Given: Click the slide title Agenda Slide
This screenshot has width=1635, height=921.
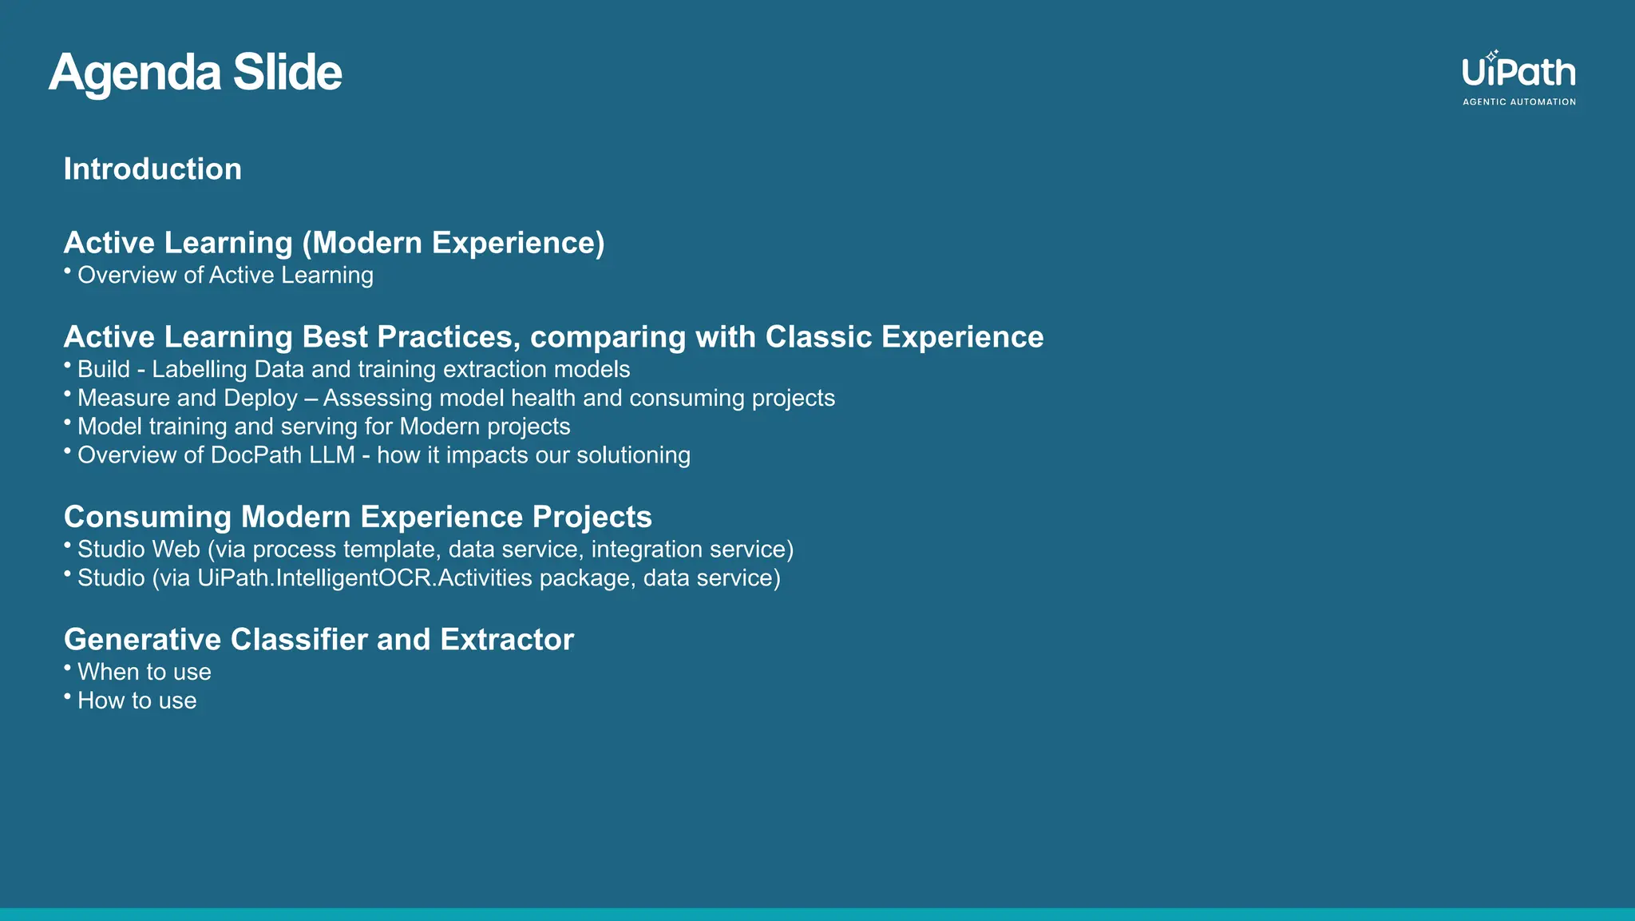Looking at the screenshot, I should [195, 73].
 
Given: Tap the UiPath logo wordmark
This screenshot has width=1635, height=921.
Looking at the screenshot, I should [1518, 73].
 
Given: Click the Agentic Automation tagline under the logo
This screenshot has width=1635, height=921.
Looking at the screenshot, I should [1518, 102].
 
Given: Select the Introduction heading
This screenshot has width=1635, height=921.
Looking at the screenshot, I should [152, 169].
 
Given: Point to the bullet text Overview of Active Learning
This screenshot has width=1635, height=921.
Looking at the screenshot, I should [225, 276].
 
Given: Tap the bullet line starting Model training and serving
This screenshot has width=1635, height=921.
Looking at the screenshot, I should [323, 427].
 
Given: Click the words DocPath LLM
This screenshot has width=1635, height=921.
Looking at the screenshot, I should [283, 455].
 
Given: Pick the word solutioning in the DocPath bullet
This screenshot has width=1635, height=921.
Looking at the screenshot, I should [633, 455].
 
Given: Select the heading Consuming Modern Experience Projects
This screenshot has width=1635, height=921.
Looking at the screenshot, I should [358, 517].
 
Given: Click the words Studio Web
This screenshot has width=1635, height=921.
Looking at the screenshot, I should [138, 550].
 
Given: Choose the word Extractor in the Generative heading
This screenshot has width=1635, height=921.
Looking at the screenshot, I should [506, 640].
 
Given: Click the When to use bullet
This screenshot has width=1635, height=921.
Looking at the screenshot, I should [144, 673].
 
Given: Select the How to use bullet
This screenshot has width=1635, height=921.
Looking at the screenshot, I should [137, 701].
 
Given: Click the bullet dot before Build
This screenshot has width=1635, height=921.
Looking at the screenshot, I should [68, 365].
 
